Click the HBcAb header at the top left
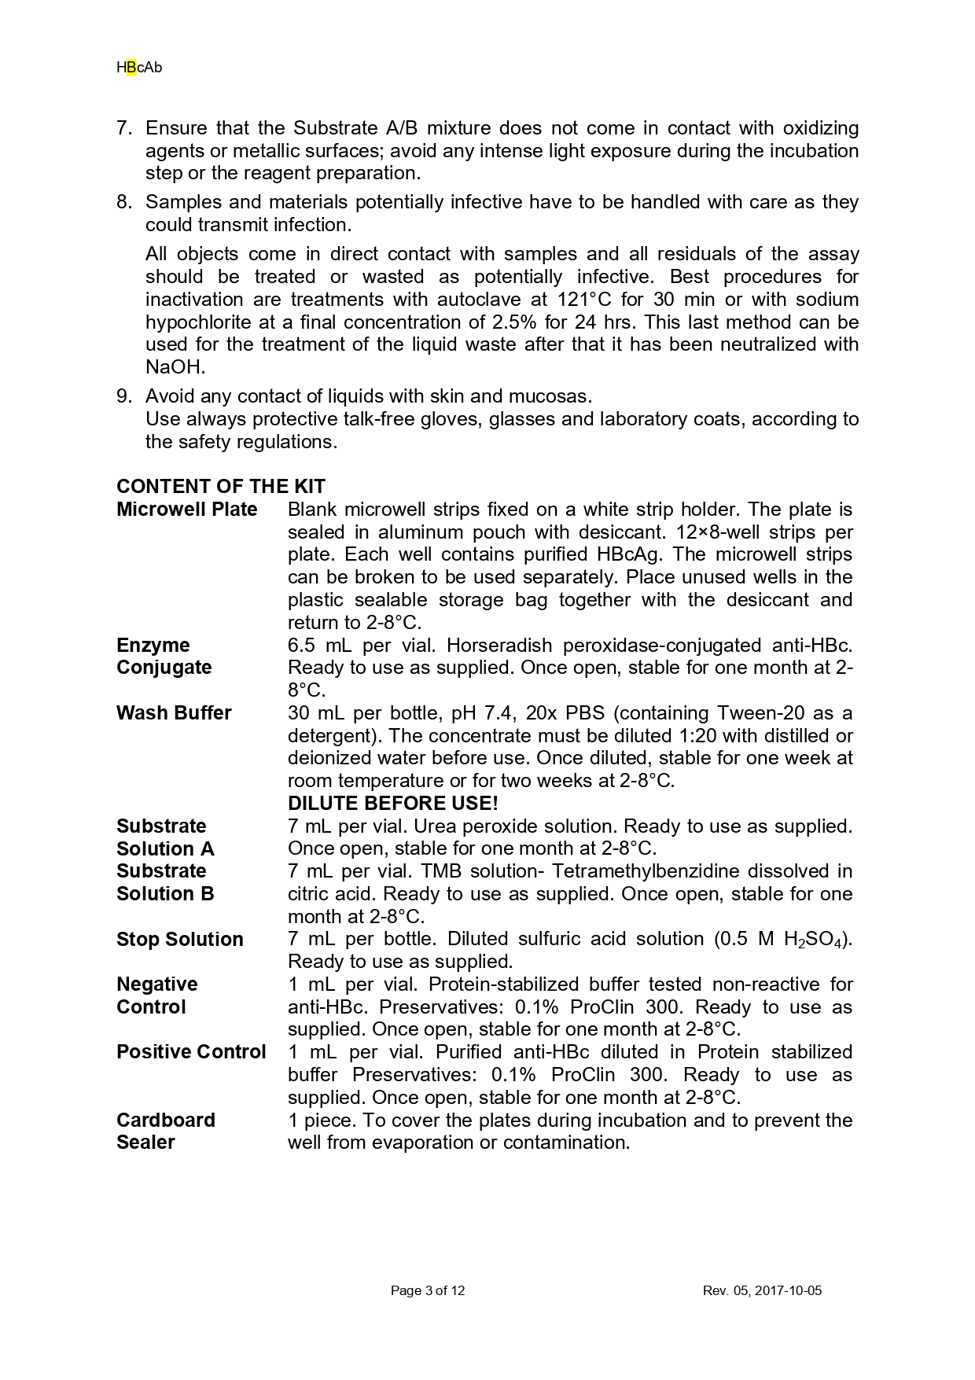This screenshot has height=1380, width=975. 139,68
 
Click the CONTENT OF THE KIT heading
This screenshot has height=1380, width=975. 220,486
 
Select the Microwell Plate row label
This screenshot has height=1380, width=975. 187,510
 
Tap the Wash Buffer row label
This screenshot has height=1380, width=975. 174,713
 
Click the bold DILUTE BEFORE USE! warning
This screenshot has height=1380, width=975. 392,804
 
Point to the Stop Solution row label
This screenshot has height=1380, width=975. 179,940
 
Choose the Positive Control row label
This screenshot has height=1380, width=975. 191,1052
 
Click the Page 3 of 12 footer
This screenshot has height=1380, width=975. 428,1290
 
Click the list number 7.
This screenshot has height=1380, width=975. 123,128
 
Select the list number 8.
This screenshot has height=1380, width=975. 123,202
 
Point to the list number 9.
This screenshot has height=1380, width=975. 123,396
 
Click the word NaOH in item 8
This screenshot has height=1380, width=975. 174,367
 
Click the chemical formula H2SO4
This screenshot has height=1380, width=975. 815,940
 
